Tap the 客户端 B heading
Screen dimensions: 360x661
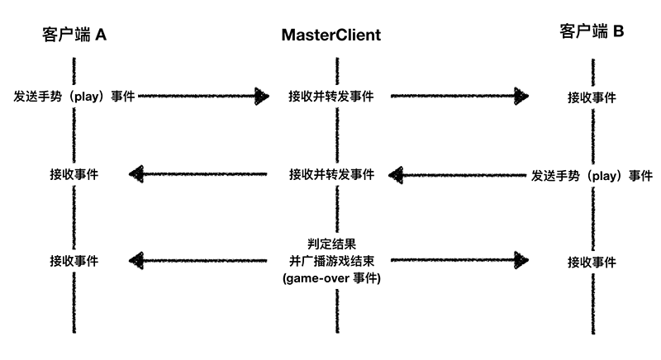coord(592,32)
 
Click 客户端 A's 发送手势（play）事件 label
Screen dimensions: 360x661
coord(74,96)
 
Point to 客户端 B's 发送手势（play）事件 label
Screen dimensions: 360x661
coord(592,175)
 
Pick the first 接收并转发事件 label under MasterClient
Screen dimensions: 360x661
coord(331,96)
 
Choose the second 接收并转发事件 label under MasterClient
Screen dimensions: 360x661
coord(331,175)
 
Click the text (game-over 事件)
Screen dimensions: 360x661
coord(331,279)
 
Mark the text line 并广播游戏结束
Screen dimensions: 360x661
coord(331,261)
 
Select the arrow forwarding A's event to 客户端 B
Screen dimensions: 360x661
coord(459,96)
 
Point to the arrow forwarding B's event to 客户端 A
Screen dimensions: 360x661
coord(198,174)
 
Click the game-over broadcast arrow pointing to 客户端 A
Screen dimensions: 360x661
coord(198,261)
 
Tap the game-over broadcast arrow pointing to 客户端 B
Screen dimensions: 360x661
coord(459,261)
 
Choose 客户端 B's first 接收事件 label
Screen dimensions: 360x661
coord(592,97)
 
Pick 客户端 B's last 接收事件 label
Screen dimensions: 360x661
coord(592,262)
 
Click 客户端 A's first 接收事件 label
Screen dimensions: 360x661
coord(74,174)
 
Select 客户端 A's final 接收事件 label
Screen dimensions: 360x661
coord(74,261)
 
